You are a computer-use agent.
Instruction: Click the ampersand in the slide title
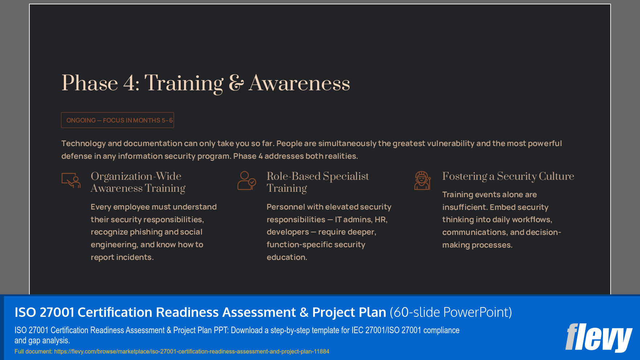[x=236, y=83]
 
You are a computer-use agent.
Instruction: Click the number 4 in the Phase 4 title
[x=129, y=83]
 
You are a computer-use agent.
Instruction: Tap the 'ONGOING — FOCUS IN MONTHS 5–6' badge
[x=118, y=120]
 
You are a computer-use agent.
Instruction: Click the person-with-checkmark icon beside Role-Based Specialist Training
[x=247, y=181]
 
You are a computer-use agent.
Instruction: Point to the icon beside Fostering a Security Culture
[x=422, y=181]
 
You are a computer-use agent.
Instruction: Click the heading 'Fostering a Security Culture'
[x=508, y=176]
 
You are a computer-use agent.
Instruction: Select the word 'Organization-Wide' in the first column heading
[x=136, y=176]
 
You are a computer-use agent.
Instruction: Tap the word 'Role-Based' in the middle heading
[x=294, y=176]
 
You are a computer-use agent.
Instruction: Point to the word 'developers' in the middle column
[x=288, y=232]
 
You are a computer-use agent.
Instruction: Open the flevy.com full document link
[x=192, y=351]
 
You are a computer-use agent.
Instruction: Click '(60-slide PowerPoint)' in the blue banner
[x=451, y=312]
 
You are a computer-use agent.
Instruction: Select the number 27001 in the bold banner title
[x=57, y=312]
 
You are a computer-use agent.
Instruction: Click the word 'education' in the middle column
[x=287, y=257]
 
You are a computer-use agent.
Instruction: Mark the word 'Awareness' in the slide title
[x=299, y=83]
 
